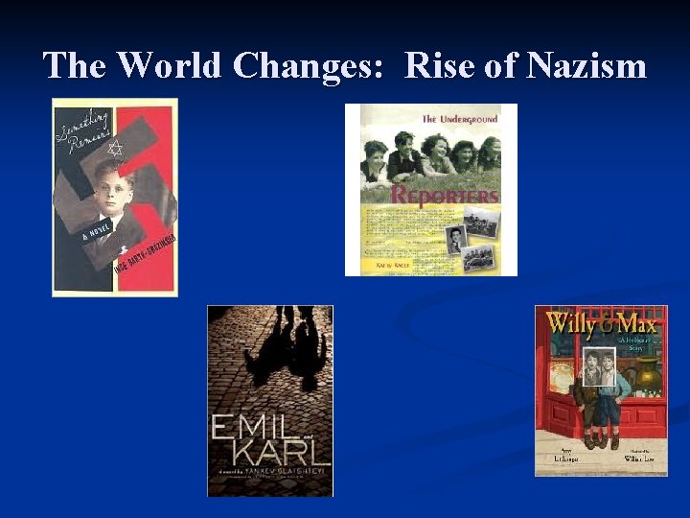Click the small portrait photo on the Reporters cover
(457, 239)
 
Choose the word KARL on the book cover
(271, 451)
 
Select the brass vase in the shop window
(647, 371)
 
